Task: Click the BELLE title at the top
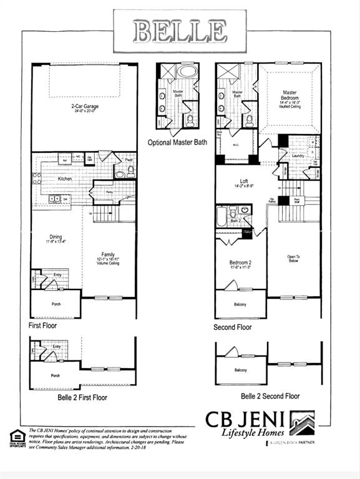coord(180,30)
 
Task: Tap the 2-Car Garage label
coord(84,107)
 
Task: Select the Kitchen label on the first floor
coord(66,179)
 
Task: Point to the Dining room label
coord(57,236)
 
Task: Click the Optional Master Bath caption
coord(177,143)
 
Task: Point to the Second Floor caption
coord(233,327)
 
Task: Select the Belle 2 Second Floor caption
coord(270,396)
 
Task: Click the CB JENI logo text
coord(247,420)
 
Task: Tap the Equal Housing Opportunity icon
coord(17,437)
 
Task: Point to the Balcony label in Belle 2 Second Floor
coord(240,370)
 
